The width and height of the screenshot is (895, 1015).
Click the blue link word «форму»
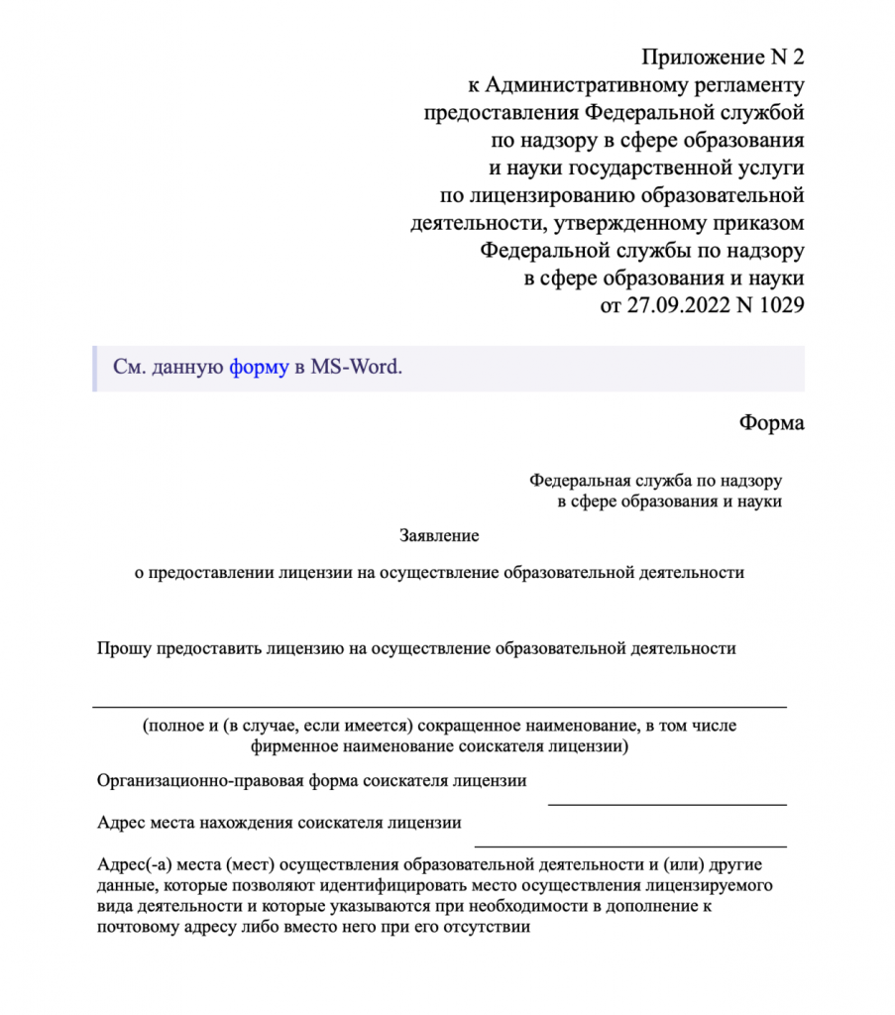pos(259,367)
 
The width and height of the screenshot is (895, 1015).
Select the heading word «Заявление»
pos(439,536)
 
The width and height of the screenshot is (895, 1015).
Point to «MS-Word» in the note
pos(356,367)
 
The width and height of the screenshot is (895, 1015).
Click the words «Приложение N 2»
pos(723,56)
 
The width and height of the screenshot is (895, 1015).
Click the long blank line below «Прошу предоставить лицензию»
pos(439,706)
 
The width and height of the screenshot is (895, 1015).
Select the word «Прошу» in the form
pos(119,649)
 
